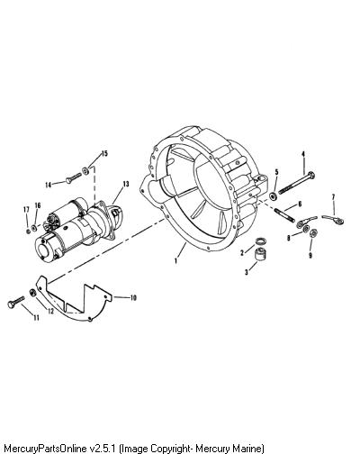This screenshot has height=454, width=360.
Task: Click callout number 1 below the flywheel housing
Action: pyautogui.click(x=176, y=260)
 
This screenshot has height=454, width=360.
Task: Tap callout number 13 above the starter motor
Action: pyautogui.click(x=125, y=184)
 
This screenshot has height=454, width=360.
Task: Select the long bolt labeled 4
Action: pyautogui.click(x=296, y=183)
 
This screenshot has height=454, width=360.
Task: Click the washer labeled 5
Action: pyautogui.click(x=274, y=196)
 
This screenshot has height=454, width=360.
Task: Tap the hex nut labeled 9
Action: pyautogui.click(x=313, y=232)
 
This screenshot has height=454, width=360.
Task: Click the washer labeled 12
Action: pyautogui.click(x=32, y=293)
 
